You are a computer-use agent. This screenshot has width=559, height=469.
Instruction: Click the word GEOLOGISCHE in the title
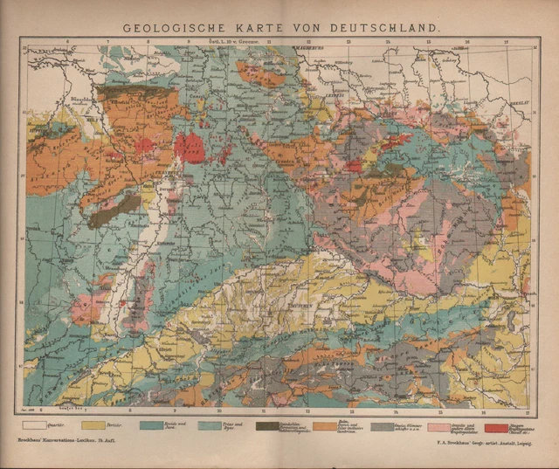click(x=176, y=27)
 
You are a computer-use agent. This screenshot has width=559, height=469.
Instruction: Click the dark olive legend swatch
click(x=268, y=426)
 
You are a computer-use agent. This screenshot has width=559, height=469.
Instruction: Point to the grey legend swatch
click(x=383, y=426)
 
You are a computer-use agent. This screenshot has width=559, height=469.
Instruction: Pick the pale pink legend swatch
click(x=439, y=426)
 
